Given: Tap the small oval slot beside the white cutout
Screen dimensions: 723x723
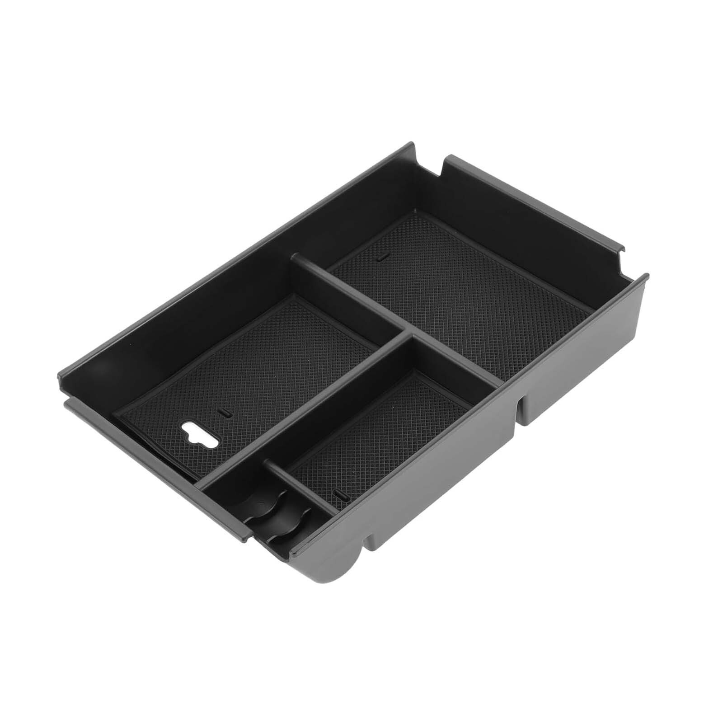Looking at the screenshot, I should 225,413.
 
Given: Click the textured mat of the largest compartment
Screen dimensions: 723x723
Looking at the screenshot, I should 452,294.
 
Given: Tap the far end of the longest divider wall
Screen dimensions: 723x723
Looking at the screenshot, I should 296,259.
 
